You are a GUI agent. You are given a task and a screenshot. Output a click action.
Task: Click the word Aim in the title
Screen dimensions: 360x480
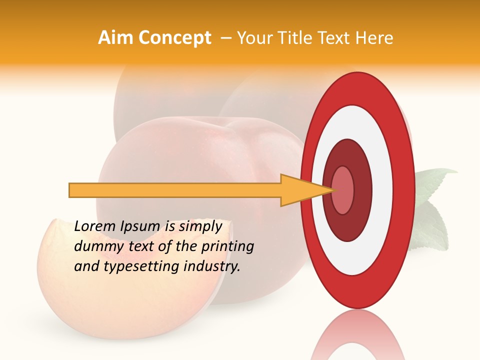(x=116, y=38)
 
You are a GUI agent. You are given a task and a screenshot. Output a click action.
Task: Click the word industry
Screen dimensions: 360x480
(x=212, y=266)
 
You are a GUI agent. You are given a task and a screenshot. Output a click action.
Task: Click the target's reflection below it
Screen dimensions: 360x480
(x=357, y=335)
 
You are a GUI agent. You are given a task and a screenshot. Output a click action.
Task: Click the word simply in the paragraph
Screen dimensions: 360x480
(x=200, y=226)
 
